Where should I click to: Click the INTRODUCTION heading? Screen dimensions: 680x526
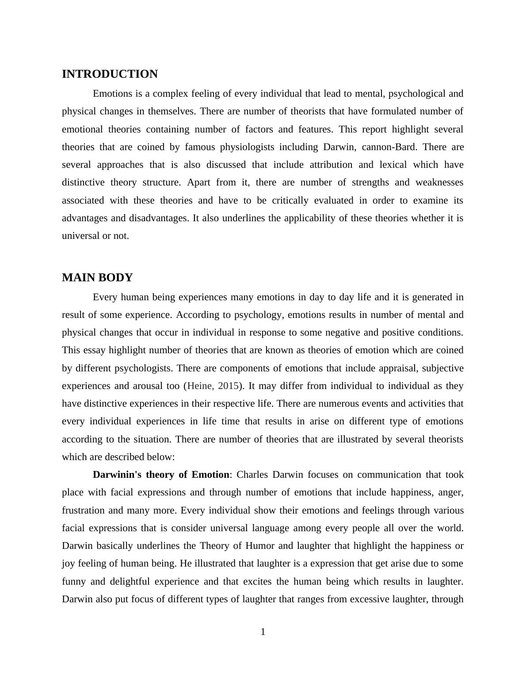pos(110,74)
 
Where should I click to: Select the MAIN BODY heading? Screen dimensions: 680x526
pos(97,278)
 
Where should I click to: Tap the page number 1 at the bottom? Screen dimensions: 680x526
pos(263,632)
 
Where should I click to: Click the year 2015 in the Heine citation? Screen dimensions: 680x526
pos(228,386)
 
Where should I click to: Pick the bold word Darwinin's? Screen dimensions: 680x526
pos(117,475)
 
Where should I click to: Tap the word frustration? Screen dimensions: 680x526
pos(84,510)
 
